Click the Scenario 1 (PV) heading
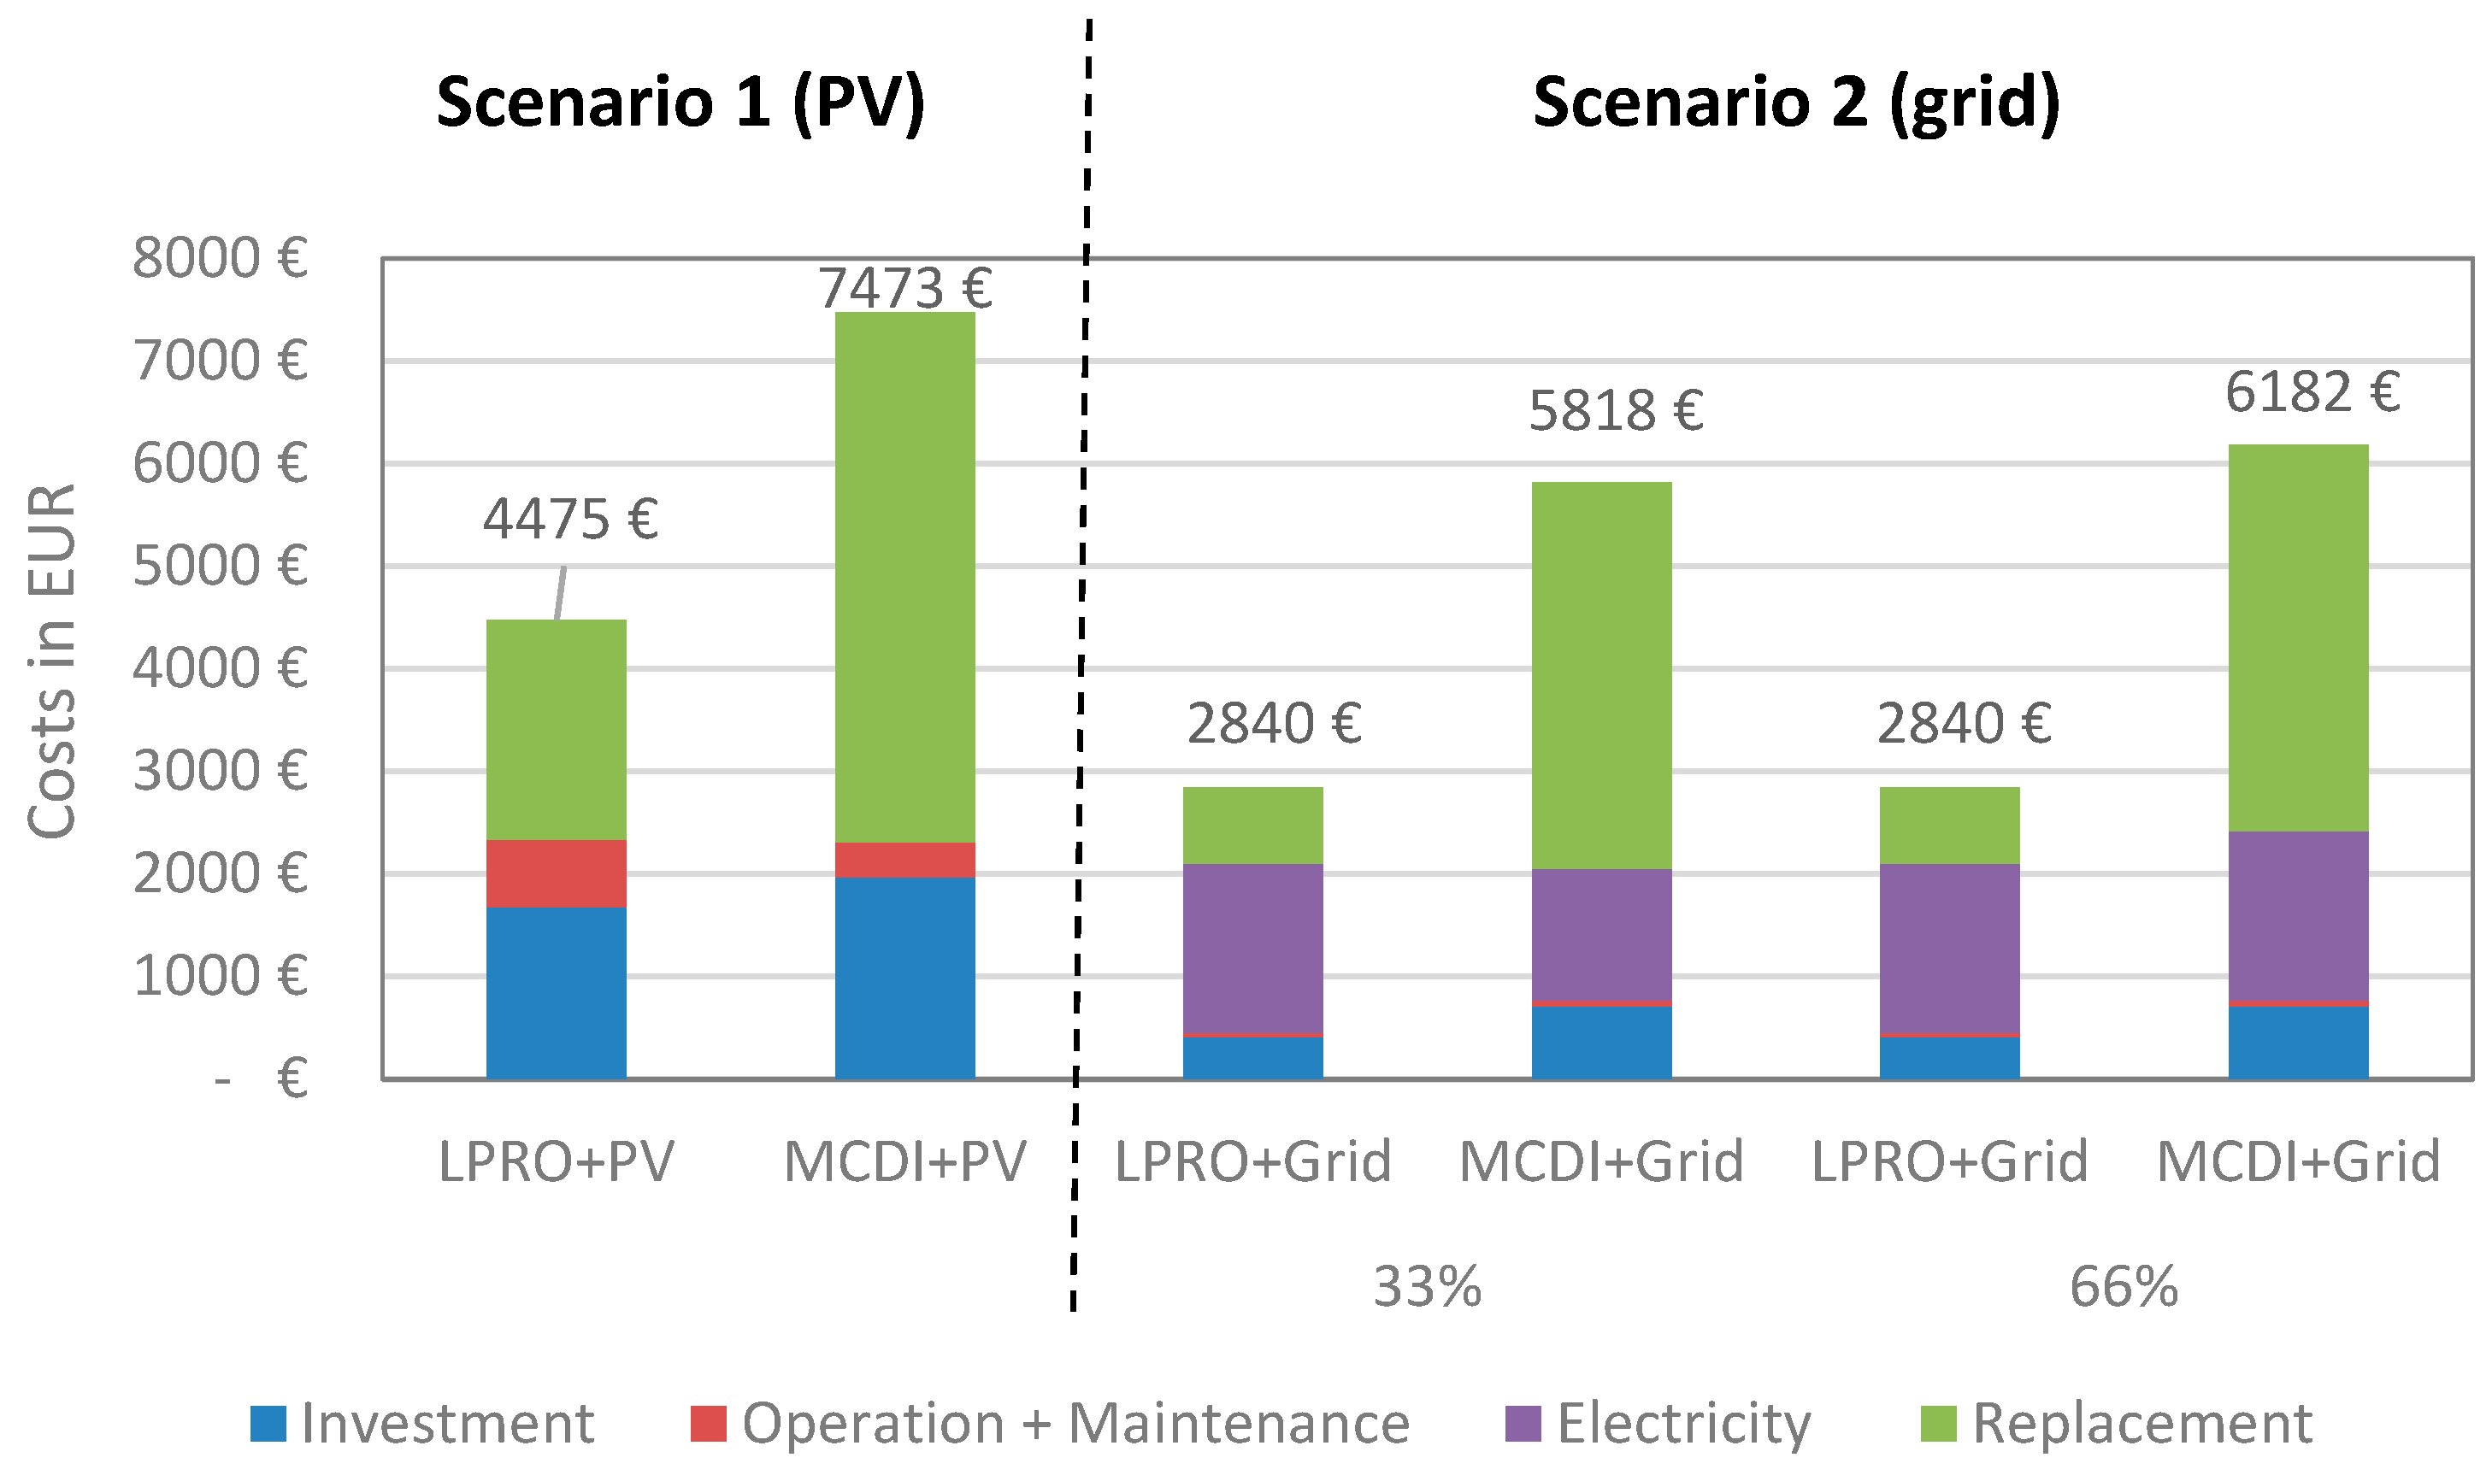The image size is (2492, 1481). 680,103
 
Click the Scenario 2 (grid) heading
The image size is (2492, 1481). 1795,103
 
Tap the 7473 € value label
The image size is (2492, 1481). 905,288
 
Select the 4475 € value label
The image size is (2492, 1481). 570,519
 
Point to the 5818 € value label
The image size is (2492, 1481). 1615,410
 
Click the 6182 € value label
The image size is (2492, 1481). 2312,391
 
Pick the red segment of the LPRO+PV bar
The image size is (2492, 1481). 556,873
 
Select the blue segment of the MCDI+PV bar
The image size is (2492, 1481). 904,978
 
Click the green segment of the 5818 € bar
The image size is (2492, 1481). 1601,676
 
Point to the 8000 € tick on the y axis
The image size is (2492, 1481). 220,257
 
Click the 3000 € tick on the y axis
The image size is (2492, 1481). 220,771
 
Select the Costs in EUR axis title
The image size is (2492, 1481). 52,661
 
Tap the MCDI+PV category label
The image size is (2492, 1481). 904,1161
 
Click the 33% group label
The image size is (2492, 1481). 1426,1287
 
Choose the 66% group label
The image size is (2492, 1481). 2123,1287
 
